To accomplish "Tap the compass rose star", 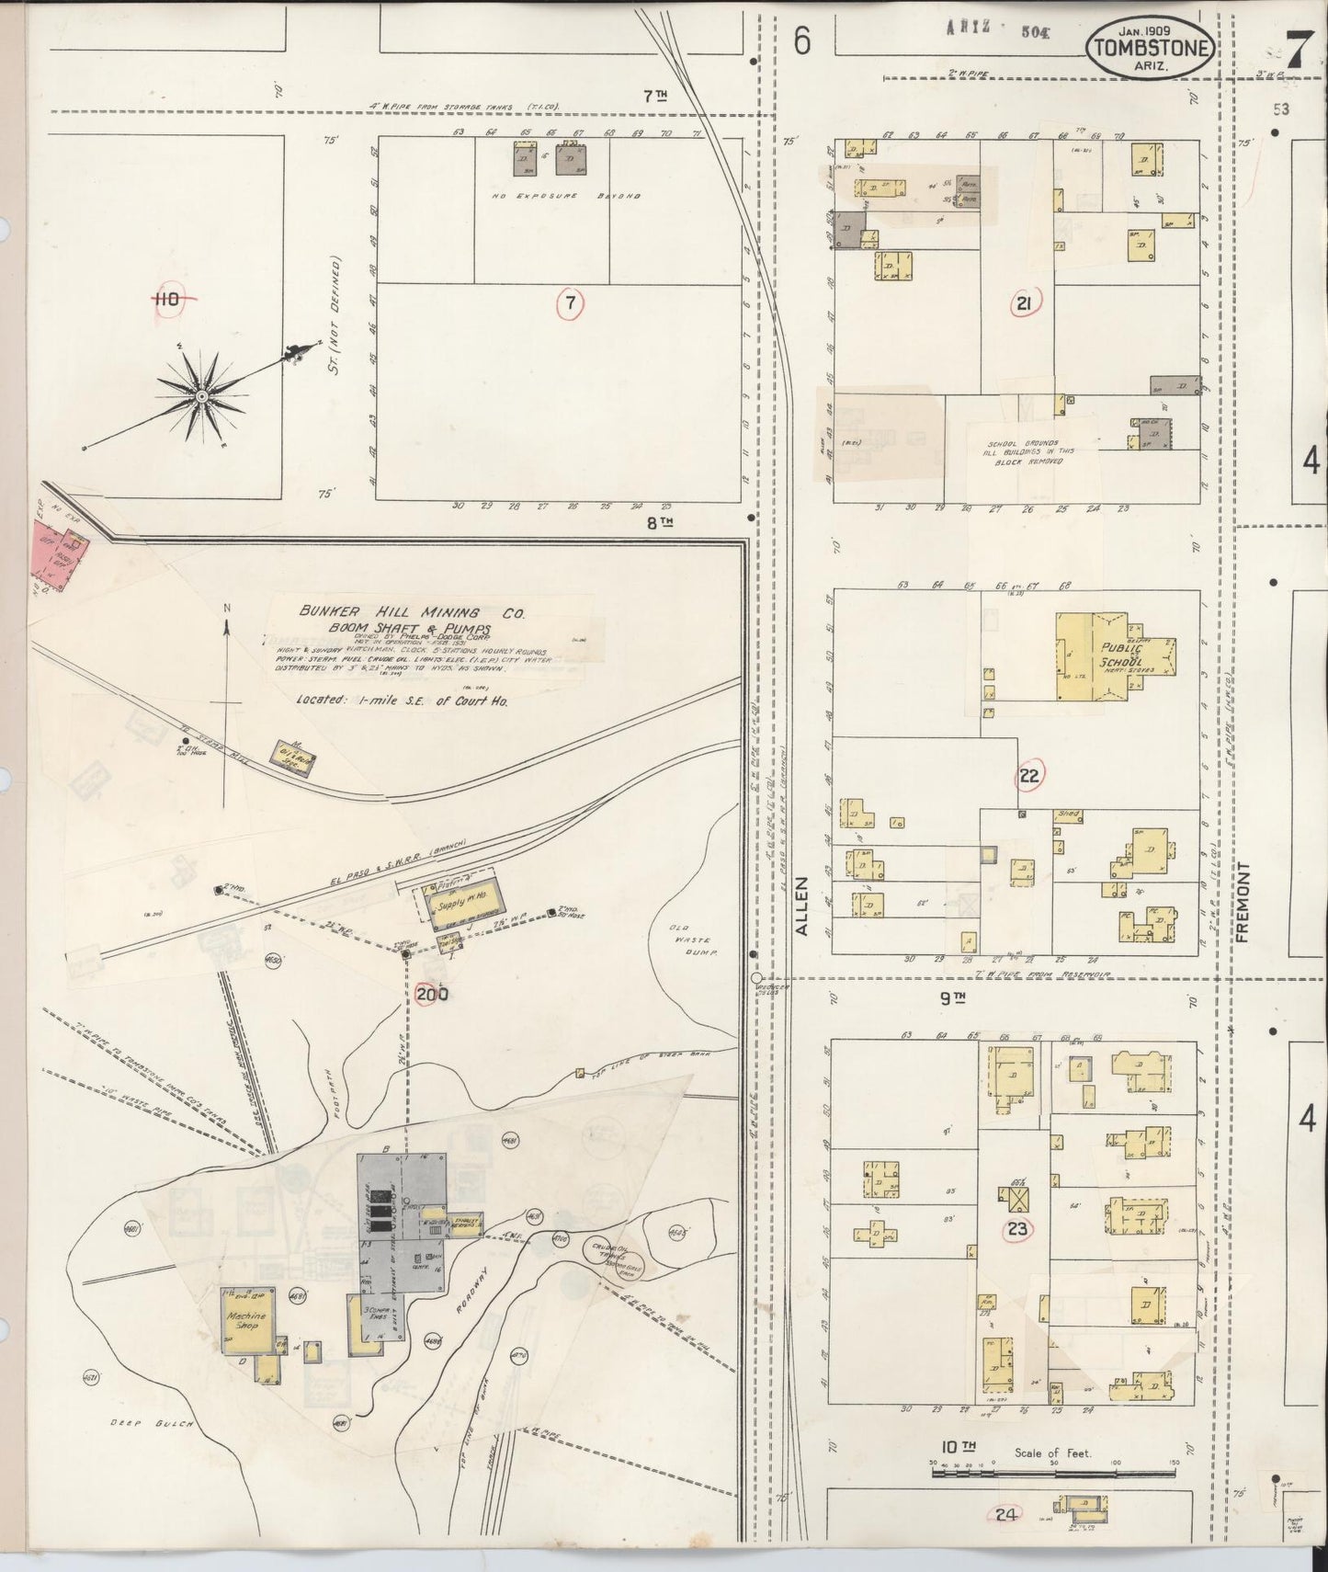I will [x=201, y=395].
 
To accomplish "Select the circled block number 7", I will [x=570, y=303].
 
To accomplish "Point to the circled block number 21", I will [x=1023, y=304].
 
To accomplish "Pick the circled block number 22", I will [x=1028, y=776].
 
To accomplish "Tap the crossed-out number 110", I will [x=167, y=299].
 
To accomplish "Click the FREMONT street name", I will [x=1244, y=902].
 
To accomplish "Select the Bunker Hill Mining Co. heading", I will [x=411, y=613].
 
